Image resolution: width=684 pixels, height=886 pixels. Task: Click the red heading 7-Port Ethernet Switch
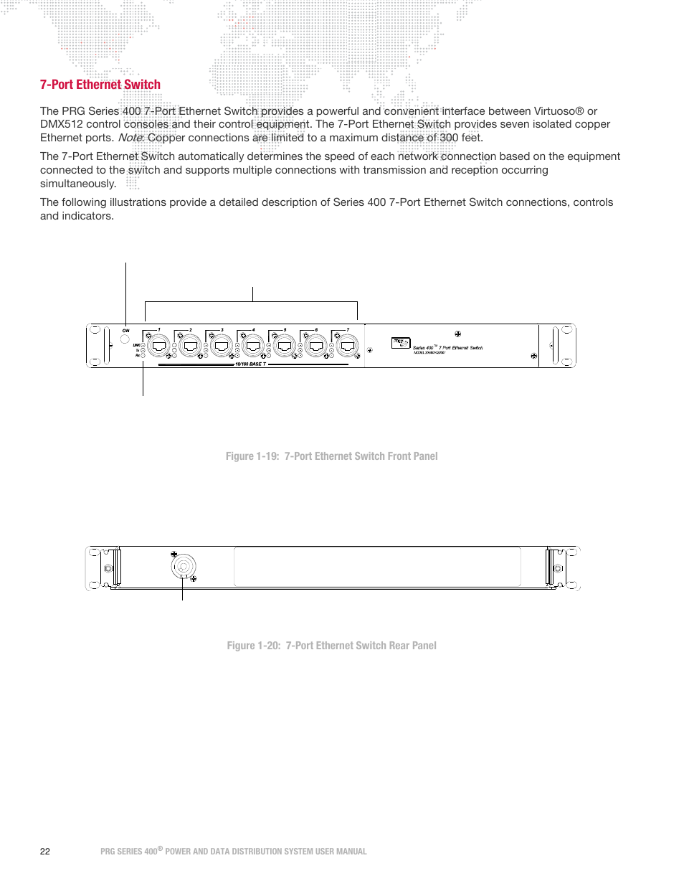[x=100, y=85]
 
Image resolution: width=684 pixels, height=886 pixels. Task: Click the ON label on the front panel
[x=125, y=331]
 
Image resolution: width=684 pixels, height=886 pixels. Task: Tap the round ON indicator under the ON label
[x=125, y=339]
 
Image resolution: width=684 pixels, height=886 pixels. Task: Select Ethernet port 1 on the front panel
[x=158, y=346]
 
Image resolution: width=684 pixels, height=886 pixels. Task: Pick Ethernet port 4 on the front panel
[x=252, y=346]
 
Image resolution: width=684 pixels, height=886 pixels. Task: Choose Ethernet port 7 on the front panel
[x=347, y=346]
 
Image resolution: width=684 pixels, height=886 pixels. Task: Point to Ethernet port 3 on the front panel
[x=221, y=346]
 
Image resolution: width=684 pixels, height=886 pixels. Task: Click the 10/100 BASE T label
[x=250, y=364]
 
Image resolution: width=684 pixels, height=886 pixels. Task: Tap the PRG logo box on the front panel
[x=400, y=343]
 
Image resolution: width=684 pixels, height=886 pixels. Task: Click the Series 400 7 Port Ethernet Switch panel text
[x=447, y=348]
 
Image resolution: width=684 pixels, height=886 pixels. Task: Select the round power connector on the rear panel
[x=183, y=567]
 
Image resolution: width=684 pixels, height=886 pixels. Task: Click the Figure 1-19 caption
[x=331, y=456]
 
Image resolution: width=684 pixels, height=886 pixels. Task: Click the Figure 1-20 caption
[x=331, y=646]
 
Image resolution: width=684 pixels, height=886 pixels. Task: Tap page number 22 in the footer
[x=45, y=852]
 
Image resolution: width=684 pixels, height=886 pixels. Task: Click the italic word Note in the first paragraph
[x=130, y=138]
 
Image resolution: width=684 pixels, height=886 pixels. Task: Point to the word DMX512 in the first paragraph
[x=62, y=124]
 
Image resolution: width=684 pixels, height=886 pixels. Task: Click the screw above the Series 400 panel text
[x=457, y=334]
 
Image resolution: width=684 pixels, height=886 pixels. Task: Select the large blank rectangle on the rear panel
[x=377, y=567]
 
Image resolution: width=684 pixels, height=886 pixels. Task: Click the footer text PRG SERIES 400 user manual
[x=233, y=852]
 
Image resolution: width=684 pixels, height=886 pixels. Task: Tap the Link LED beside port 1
[x=143, y=345]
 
